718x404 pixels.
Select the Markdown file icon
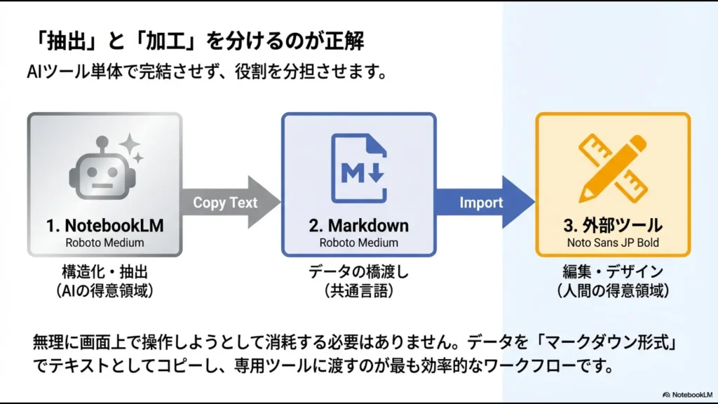pyautogui.click(x=359, y=168)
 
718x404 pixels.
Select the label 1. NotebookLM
pyautogui.click(x=104, y=226)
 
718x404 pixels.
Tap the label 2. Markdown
pyautogui.click(x=358, y=226)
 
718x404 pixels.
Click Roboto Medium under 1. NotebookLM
pyautogui.click(x=104, y=243)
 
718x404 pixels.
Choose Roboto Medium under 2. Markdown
pyautogui.click(x=358, y=243)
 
